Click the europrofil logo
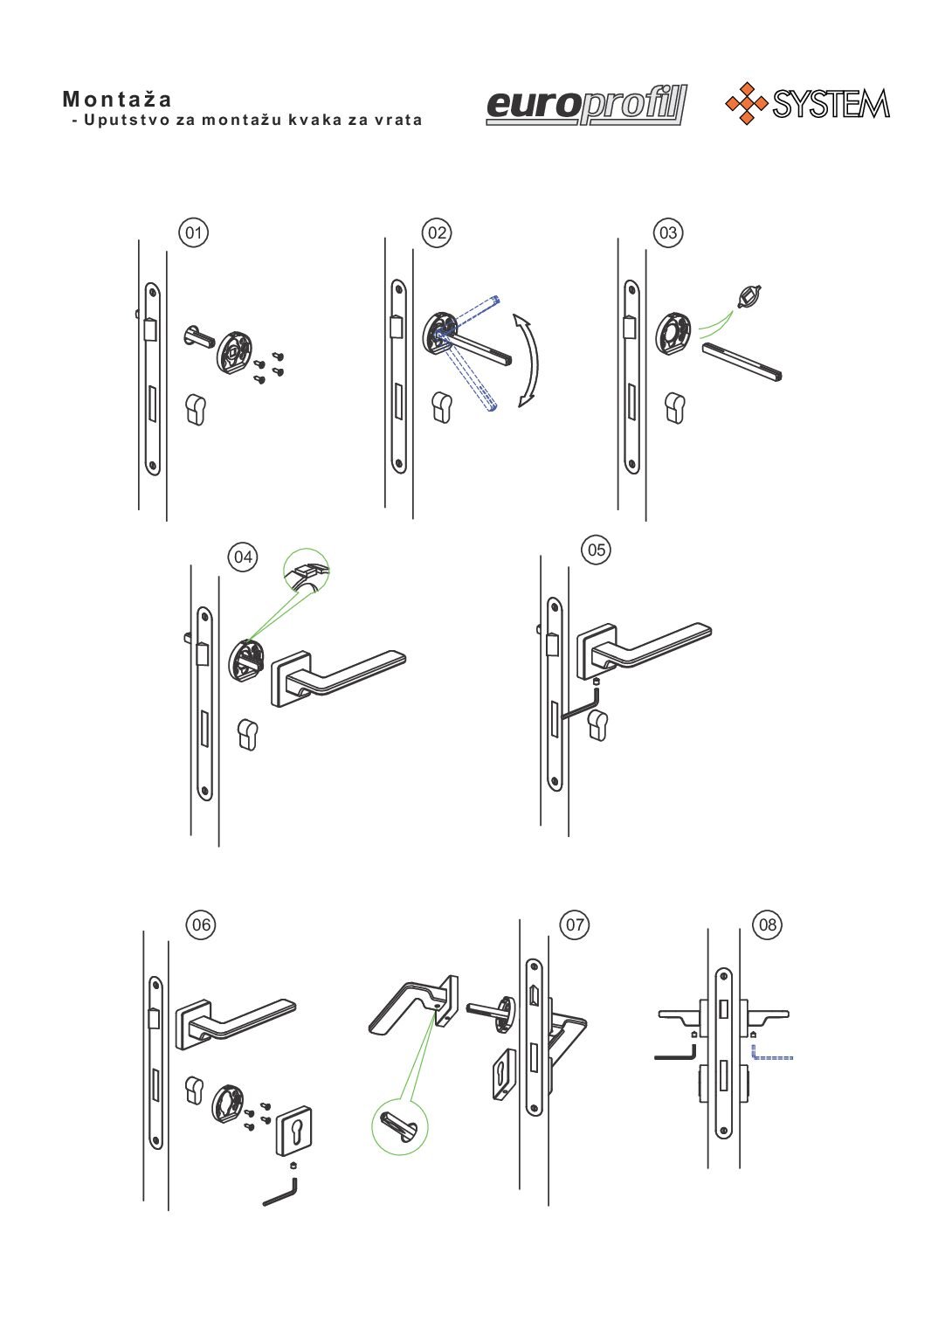(587, 105)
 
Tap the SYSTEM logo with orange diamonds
(807, 104)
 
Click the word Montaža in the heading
(117, 99)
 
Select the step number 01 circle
(194, 232)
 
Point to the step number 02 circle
(437, 232)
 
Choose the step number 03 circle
(668, 232)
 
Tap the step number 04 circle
(243, 557)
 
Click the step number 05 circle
(597, 550)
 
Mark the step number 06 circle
(201, 925)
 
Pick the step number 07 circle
(575, 925)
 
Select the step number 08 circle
(767, 925)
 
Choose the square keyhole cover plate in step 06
(293, 1132)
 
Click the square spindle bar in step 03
(742, 362)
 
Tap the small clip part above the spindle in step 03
(749, 296)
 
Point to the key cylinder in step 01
(196, 409)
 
